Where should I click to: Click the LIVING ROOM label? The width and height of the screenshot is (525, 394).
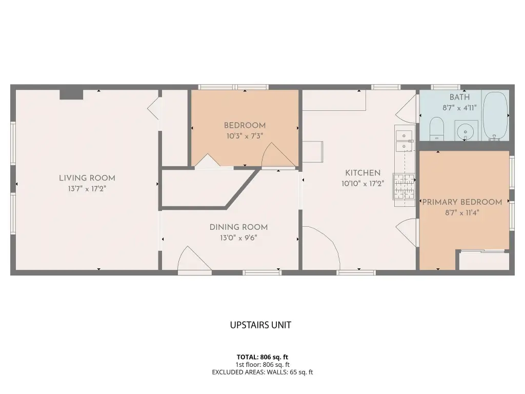click(x=87, y=178)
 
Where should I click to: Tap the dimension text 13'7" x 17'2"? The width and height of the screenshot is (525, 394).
click(x=87, y=189)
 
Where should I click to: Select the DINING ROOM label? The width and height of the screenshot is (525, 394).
click(x=239, y=227)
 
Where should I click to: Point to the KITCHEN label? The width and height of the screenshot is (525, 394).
click(x=363, y=173)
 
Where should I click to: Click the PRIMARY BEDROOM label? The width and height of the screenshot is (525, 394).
click(x=462, y=202)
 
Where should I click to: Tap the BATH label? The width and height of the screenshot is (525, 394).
click(x=459, y=97)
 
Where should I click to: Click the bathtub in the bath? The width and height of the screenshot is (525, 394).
click(x=496, y=116)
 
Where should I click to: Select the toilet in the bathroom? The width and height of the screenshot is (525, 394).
click(x=436, y=129)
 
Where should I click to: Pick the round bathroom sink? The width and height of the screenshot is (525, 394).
click(x=466, y=131)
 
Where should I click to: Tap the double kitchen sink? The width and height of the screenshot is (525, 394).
click(x=405, y=141)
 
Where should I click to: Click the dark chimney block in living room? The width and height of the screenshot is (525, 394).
click(x=71, y=94)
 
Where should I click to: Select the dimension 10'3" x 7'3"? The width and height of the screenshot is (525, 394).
click(x=245, y=136)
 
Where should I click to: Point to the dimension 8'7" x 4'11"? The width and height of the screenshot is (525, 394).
click(x=459, y=108)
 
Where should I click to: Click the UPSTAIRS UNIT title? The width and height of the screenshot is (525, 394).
click(x=260, y=325)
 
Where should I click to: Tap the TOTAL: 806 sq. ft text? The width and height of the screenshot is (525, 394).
click(x=262, y=357)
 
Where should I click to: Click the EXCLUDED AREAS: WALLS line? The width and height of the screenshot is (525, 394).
click(x=262, y=372)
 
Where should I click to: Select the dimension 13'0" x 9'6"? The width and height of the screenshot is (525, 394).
click(x=238, y=238)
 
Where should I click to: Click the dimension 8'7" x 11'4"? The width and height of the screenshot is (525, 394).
click(x=462, y=213)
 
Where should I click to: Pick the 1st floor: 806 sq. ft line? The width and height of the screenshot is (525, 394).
click(x=262, y=365)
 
